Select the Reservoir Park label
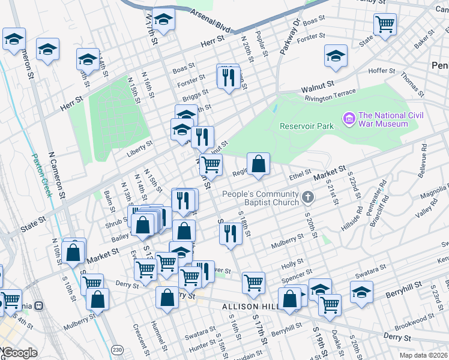click(x=306, y=126)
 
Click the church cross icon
click(x=307, y=197)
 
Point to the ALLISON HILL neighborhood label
click(x=248, y=307)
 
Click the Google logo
click(x=19, y=353)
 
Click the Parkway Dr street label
click(x=289, y=37)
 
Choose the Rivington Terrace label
click(x=330, y=95)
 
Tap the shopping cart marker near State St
click(x=384, y=25)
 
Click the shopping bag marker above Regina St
click(x=258, y=164)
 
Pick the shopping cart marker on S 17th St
click(x=254, y=282)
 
